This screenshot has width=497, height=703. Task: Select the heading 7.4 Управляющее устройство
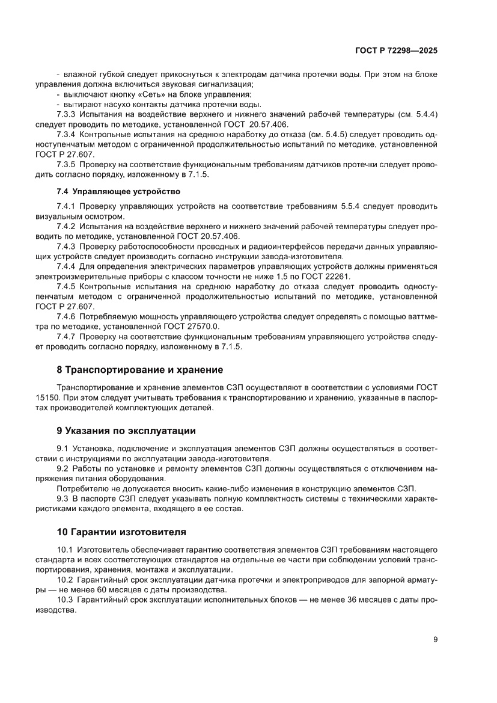point(118,192)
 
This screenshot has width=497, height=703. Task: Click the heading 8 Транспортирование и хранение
point(139,369)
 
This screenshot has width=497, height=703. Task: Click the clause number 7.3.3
point(66,114)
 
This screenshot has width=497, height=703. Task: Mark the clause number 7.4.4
point(66,266)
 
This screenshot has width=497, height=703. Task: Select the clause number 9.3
point(63,499)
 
